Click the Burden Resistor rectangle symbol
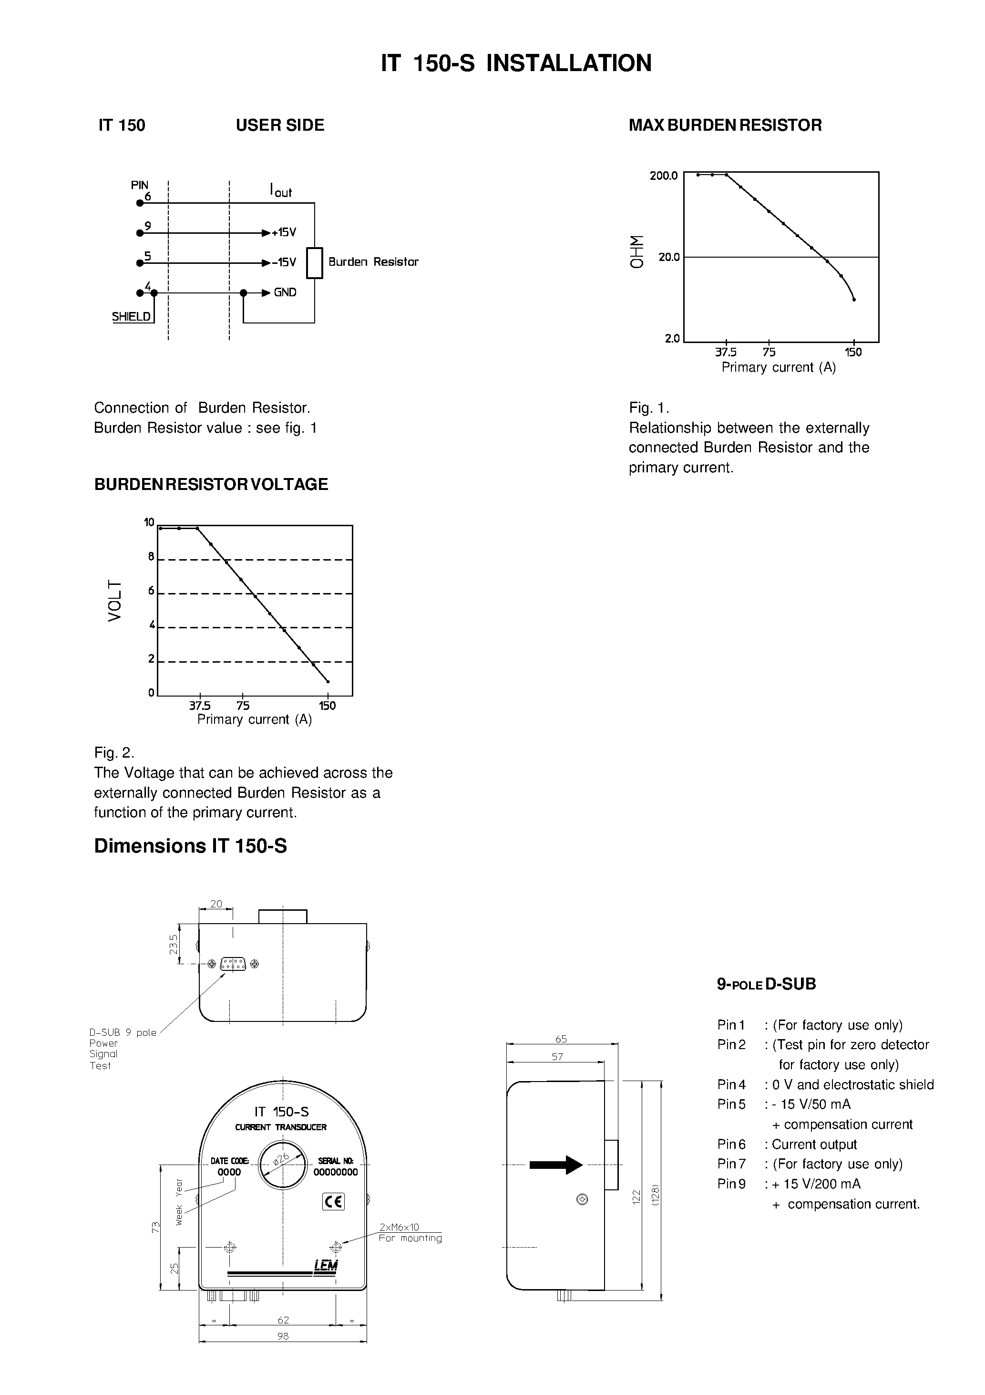click(x=314, y=263)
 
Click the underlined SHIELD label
click(x=131, y=317)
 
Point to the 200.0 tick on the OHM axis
click(x=663, y=176)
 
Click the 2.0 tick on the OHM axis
click(x=672, y=338)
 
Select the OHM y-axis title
click(x=636, y=251)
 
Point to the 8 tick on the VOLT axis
click(x=151, y=557)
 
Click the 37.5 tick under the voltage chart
click(x=199, y=706)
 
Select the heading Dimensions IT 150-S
click(x=190, y=846)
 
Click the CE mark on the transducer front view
click(x=333, y=1201)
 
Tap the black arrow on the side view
click(x=555, y=1165)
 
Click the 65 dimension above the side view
click(x=561, y=1039)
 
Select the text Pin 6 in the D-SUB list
click(x=731, y=1145)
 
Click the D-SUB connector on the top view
click(x=233, y=964)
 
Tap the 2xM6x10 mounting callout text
click(x=399, y=1228)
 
